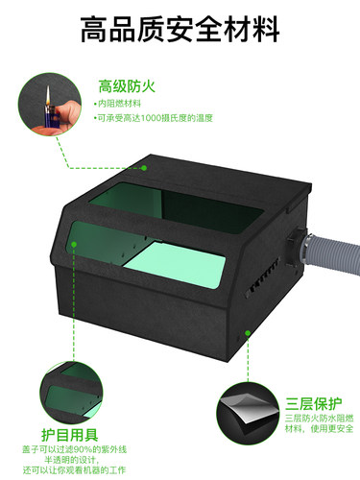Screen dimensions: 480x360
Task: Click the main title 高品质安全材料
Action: click(x=180, y=30)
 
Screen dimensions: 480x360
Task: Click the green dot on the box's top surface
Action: click(x=144, y=167)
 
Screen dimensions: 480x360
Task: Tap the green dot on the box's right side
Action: click(x=248, y=333)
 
